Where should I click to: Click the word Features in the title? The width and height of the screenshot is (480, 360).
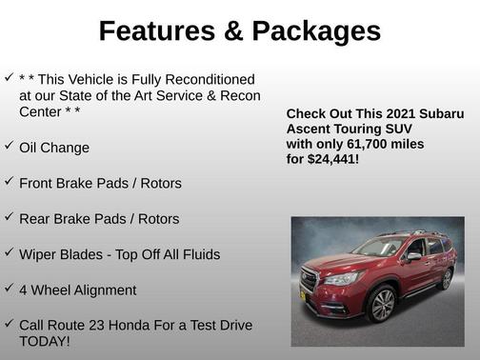tap(155, 31)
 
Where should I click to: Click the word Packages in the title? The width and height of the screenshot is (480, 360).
tap(315, 31)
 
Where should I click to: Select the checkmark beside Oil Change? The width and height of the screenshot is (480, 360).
tap(9, 146)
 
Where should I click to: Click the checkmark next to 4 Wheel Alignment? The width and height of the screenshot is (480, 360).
tap(9, 288)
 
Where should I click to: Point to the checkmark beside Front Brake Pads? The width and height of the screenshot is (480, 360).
tap(9, 181)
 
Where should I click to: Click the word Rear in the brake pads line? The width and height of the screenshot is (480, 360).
tap(35, 218)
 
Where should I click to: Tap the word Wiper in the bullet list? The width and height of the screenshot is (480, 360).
tap(39, 254)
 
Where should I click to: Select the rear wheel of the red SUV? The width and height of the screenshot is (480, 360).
tap(446, 278)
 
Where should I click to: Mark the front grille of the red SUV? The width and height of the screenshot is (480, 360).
tap(308, 280)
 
